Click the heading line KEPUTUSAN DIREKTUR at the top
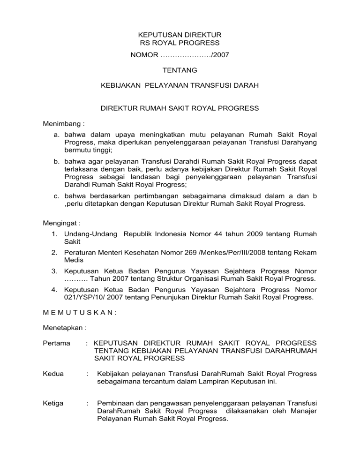click(180, 35)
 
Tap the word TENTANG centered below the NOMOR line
click(180, 70)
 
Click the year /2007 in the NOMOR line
click(220, 55)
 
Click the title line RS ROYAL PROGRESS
click(180, 43)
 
